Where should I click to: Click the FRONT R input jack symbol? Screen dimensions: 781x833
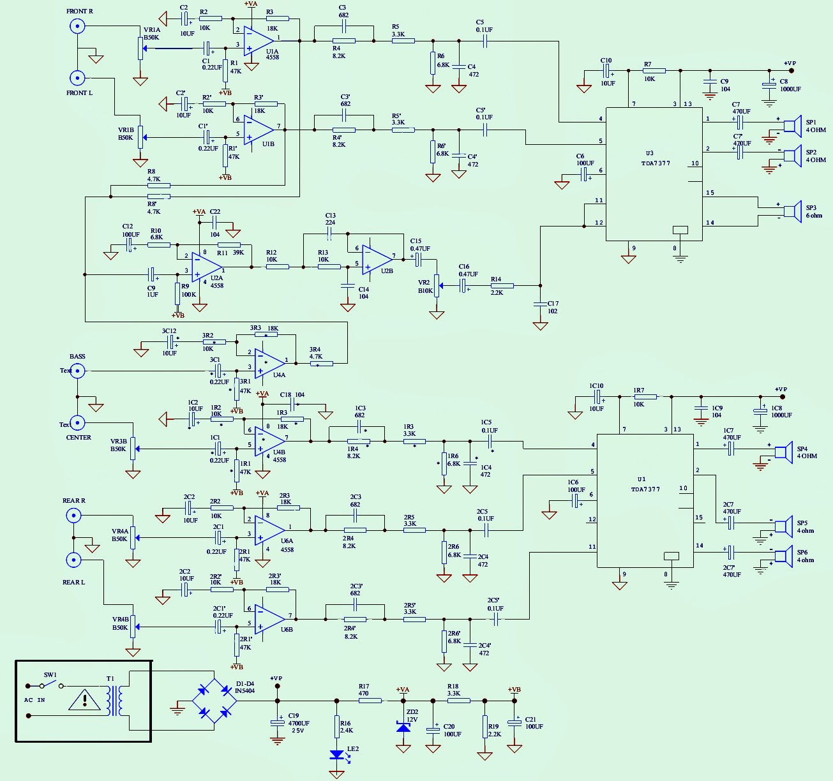[77, 26]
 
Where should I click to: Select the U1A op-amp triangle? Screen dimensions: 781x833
[259, 40]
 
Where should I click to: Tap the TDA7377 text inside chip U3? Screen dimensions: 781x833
[656, 163]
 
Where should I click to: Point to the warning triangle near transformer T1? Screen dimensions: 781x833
[84, 700]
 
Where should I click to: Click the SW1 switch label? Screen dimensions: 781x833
[50, 675]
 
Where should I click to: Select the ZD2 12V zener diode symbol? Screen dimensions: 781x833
[403, 726]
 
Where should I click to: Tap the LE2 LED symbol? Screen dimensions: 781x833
[337, 755]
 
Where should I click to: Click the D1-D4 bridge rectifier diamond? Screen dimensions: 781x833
[214, 701]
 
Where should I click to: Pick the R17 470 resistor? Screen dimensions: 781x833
[370, 701]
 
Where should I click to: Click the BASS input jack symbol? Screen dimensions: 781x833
[77, 371]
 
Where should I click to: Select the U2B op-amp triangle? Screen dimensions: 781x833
[377, 259]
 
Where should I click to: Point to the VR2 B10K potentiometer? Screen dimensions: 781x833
[437, 285]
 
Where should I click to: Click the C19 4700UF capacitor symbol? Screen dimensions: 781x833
[277, 722]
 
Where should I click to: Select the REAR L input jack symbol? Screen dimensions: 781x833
[74, 560]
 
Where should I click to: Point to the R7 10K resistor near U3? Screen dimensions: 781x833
[654, 71]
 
